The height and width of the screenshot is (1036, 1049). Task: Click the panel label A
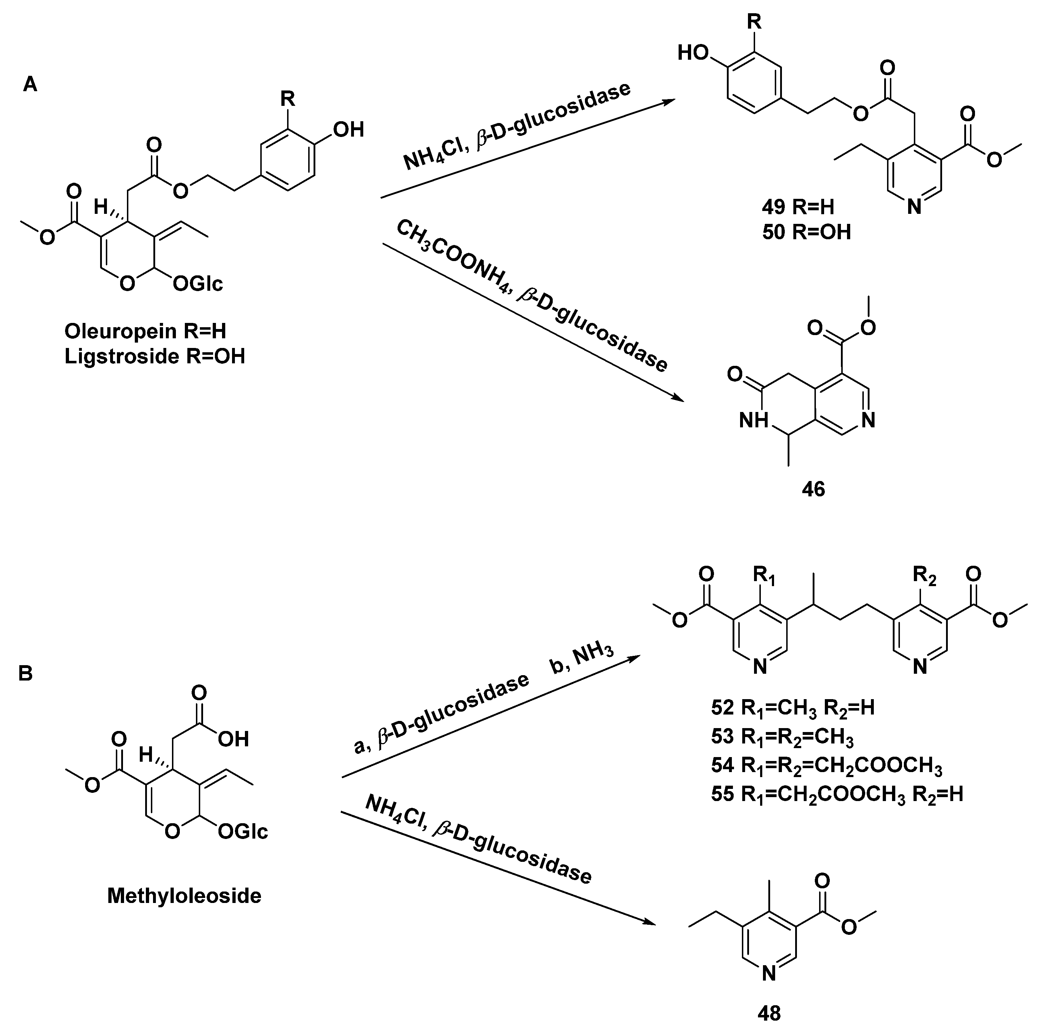(x=30, y=85)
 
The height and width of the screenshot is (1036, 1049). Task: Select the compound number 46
(x=813, y=489)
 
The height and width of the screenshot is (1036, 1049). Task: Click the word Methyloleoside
(x=184, y=895)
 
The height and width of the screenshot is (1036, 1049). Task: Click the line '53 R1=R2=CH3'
(x=782, y=737)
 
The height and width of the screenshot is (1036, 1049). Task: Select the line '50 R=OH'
(x=806, y=232)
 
